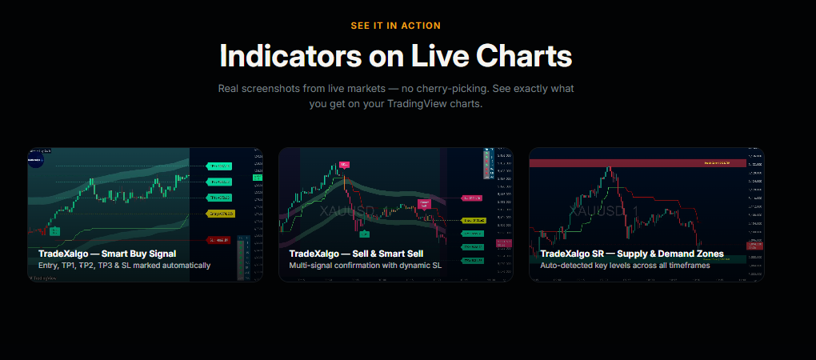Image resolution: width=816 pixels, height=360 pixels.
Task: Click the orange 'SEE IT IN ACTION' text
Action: click(406, 26)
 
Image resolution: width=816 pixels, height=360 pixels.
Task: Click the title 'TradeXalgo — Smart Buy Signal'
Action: click(107, 254)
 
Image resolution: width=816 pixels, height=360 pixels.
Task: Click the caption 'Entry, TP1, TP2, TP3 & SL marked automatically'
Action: click(124, 266)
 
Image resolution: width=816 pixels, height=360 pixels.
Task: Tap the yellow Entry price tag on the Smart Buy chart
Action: click(219, 214)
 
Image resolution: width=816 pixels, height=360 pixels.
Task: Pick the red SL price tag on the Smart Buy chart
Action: click(219, 239)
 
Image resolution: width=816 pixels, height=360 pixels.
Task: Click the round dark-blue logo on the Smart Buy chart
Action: click(36, 159)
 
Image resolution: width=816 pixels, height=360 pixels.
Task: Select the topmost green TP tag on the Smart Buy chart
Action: click(219, 166)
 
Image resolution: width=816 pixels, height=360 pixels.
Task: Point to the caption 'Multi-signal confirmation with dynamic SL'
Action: click(365, 266)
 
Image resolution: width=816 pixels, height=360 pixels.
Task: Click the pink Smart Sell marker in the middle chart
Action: click(423, 204)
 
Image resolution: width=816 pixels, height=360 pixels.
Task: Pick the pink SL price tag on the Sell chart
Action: click(473, 198)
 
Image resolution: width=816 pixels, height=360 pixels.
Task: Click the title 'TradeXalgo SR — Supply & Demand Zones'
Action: click(632, 254)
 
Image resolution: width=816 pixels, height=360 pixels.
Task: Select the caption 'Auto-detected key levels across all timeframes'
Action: click(625, 266)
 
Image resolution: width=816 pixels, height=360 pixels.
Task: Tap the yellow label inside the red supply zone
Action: click(717, 162)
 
